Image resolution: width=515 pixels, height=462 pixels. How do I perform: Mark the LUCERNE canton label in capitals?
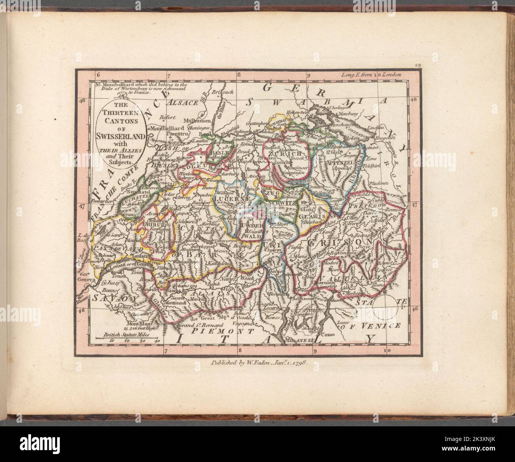[232, 197]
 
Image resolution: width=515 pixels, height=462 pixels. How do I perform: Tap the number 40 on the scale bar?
[156, 340]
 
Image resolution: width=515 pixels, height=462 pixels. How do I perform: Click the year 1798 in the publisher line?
[295, 362]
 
